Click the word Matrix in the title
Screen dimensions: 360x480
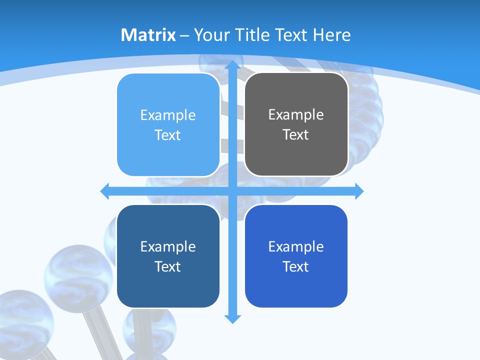148,35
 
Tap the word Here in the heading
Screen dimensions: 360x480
332,35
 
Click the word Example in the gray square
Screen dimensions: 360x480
296,114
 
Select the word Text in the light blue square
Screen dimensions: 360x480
168,135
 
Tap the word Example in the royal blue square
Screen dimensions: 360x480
296,246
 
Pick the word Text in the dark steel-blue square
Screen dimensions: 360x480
168,266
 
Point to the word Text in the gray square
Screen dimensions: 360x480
296,134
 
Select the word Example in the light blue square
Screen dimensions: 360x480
168,115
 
